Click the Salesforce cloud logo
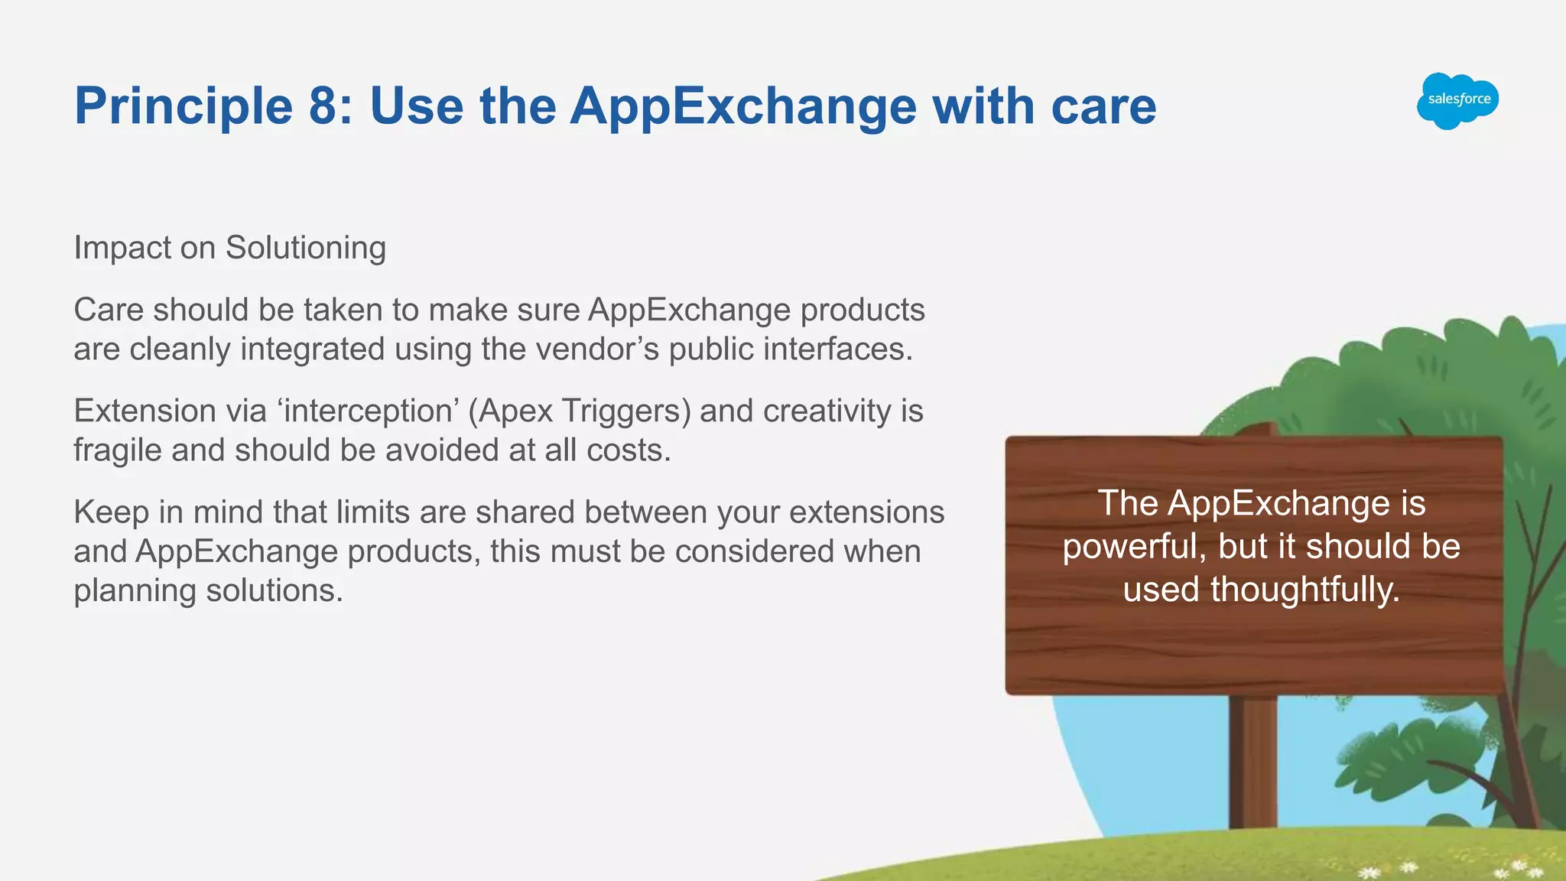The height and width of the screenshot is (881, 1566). coord(1457,100)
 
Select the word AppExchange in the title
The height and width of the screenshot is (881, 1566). coord(742,106)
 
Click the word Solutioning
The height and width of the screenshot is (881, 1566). coord(306,248)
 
